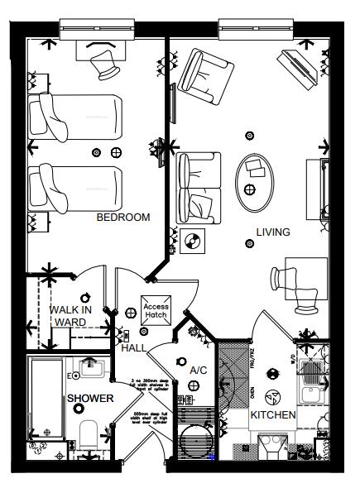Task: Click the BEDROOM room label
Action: [123, 218]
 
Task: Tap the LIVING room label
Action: [272, 232]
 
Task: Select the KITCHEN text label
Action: [273, 414]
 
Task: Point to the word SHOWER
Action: [90, 398]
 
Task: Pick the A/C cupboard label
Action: [198, 370]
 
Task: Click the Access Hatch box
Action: [156, 310]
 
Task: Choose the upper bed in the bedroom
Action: [74, 115]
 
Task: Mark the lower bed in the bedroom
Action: [74, 189]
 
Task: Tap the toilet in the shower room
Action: [90, 432]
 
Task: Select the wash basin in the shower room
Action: [90, 366]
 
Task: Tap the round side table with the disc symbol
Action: [194, 242]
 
